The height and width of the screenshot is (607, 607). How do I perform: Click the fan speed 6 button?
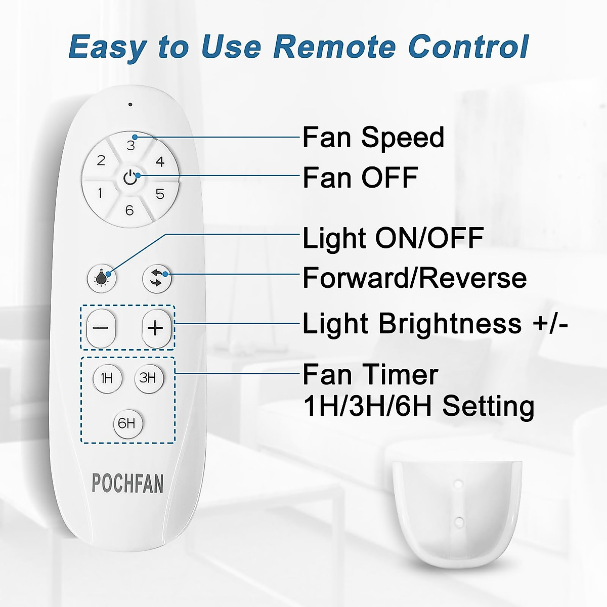(129, 209)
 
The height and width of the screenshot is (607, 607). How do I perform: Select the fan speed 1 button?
(100, 193)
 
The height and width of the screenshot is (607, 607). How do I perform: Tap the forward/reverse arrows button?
(156, 278)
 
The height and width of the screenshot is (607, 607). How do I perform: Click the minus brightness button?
(101, 328)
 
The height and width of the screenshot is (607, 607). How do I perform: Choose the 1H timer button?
(107, 378)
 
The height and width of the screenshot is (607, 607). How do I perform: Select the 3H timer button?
(148, 378)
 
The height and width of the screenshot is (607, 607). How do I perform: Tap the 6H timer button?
(127, 423)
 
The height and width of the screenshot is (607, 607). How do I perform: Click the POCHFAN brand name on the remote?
(127, 484)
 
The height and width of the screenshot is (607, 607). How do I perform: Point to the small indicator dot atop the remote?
(130, 105)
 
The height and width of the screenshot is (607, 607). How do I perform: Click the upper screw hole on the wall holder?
(458, 484)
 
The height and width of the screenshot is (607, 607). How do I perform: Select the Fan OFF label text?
(360, 178)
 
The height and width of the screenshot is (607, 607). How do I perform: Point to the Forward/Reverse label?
(414, 278)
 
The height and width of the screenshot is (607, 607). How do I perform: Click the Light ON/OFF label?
(393, 238)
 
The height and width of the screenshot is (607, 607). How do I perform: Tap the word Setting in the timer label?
(488, 406)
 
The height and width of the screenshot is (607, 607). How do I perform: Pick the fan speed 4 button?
(160, 162)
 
